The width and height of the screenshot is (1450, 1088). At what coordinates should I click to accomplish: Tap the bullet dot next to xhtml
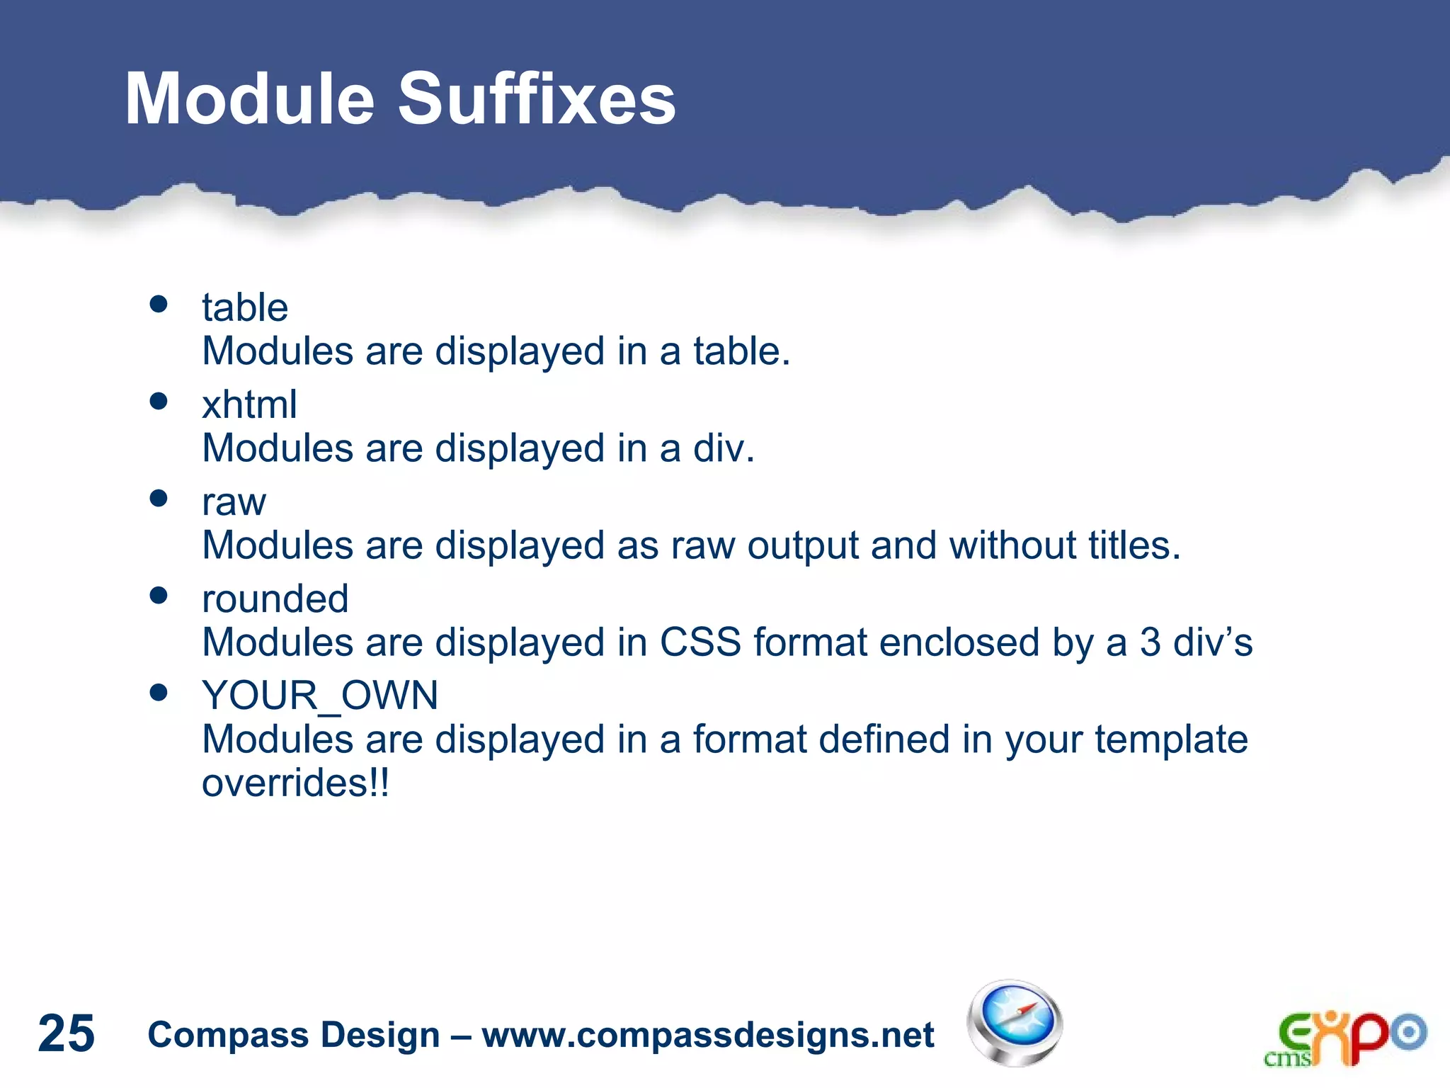(159, 402)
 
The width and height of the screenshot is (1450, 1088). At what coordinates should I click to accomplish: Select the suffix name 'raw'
(234, 503)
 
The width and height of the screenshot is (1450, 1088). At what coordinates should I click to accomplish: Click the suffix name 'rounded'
(275, 599)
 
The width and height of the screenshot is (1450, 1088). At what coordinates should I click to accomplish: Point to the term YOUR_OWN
(320, 696)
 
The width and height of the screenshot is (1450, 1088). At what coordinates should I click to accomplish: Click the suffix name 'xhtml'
(249, 405)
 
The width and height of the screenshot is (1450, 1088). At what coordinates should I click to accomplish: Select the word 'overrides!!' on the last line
(295, 783)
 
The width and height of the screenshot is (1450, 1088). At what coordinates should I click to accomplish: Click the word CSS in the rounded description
(700, 643)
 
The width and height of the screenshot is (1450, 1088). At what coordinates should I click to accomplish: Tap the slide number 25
(66, 1033)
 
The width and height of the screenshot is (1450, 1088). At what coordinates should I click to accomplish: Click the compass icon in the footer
(1015, 1023)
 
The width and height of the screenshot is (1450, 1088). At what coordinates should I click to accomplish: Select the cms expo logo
(1345, 1038)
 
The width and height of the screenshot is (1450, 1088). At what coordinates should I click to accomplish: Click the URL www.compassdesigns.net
(708, 1035)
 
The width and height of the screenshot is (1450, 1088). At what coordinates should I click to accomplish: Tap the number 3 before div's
(1150, 643)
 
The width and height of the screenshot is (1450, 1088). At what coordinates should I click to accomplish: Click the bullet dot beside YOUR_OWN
(159, 692)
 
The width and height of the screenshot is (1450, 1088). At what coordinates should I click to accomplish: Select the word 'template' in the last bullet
(1171, 740)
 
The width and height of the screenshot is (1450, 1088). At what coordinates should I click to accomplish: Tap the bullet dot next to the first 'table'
(159, 305)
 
